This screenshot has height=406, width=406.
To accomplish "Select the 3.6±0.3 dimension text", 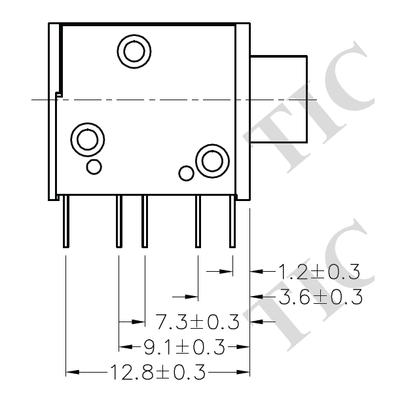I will pos(321,297).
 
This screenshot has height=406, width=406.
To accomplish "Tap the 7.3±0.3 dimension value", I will pos(197,322).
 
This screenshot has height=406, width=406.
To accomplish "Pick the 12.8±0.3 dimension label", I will pos(158,373).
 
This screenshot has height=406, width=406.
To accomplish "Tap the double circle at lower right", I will pos(212,160).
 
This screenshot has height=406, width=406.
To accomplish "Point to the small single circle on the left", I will pos(94,166).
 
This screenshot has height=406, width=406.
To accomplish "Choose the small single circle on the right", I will pos(187,174).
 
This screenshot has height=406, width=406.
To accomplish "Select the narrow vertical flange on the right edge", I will pos(243,111).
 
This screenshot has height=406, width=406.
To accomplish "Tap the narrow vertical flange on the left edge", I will pos(54,111).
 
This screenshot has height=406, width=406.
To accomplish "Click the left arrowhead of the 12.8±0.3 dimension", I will pos(72,373).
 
